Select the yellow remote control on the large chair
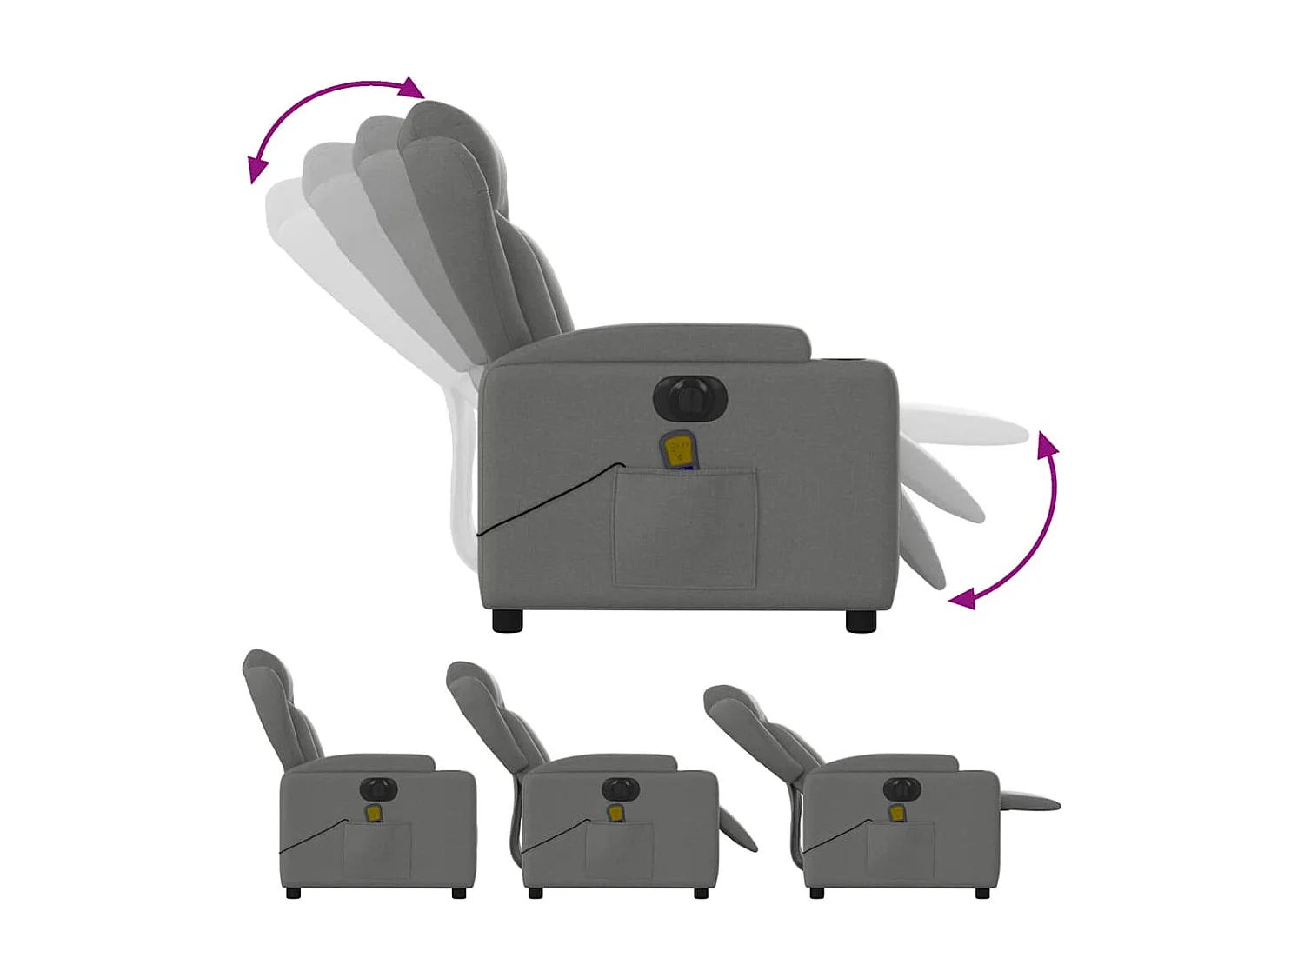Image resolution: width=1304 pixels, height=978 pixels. (x=678, y=450)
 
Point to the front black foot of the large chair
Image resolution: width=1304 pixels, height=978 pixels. (x=861, y=620)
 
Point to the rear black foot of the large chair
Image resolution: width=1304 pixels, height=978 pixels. (x=508, y=620)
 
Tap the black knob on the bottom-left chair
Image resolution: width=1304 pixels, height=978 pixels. (x=379, y=789)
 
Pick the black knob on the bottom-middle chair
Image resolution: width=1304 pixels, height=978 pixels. (x=620, y=789)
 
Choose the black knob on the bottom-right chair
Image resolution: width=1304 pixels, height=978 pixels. (x=901, y=789)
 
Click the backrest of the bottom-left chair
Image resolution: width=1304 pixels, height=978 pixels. (x=274, y=704)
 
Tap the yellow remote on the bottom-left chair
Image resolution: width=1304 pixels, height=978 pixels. (x=375, y=812)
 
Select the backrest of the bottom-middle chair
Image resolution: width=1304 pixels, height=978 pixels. (x=491, y=709)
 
